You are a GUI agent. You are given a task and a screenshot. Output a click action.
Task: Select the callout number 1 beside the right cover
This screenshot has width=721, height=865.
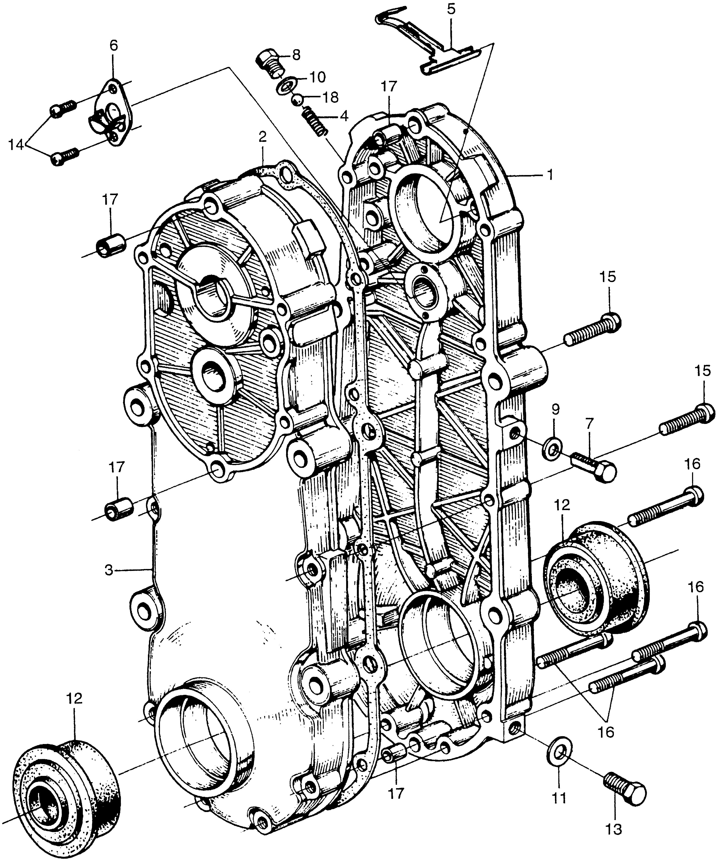(549, 175)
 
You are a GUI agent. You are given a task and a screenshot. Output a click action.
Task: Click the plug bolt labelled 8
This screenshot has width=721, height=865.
(270, 63)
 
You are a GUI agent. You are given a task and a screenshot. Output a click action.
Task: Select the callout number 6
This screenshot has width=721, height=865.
(113, 45)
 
